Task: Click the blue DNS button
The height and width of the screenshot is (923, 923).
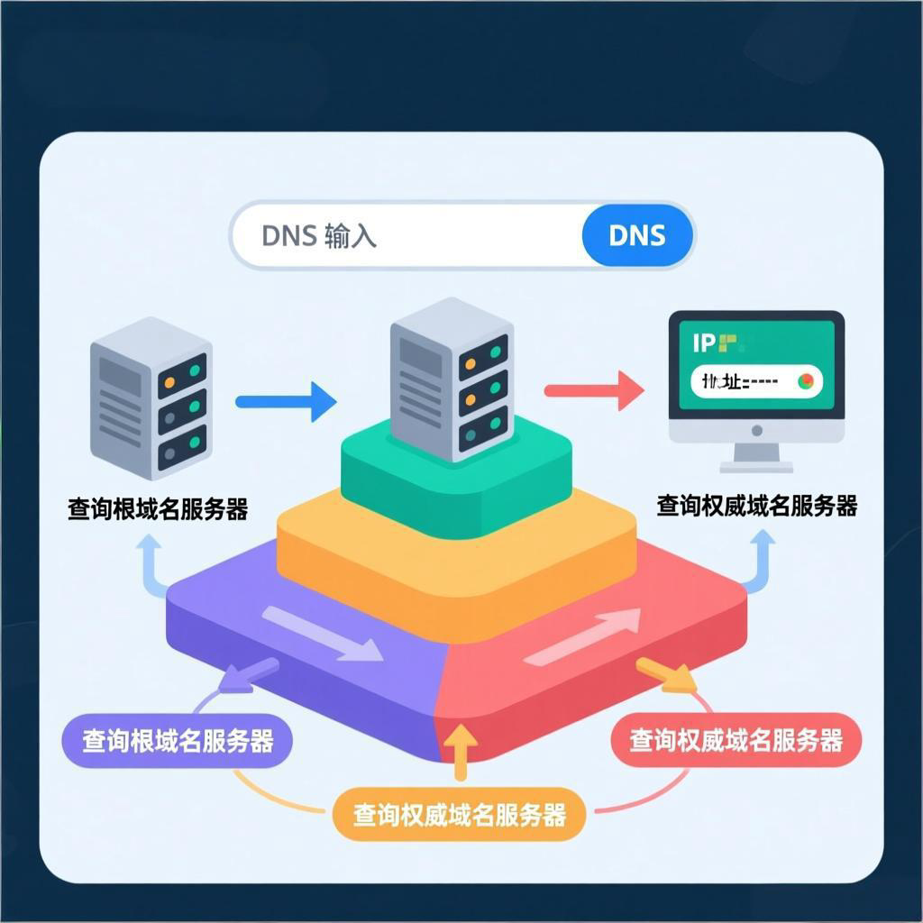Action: [x=638, y=236]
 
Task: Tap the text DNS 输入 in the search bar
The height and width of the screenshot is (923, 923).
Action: [x=319, y=236]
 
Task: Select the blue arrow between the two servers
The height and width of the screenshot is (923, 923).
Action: [x=287, y=401]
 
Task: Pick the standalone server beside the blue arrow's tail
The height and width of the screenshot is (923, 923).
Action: [x=151, y=398]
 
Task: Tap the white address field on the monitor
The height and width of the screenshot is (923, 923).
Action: [x=755, y=381]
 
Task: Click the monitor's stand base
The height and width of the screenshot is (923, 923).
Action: [x=756, y=466]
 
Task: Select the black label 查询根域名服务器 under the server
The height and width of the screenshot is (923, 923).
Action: [x=158, y=509]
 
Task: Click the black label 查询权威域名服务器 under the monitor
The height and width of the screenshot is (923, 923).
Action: [x=756, y=506]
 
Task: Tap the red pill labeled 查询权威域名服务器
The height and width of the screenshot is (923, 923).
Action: [x=736, y=741]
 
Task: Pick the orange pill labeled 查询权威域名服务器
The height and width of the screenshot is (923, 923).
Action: [x=460, y=815]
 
